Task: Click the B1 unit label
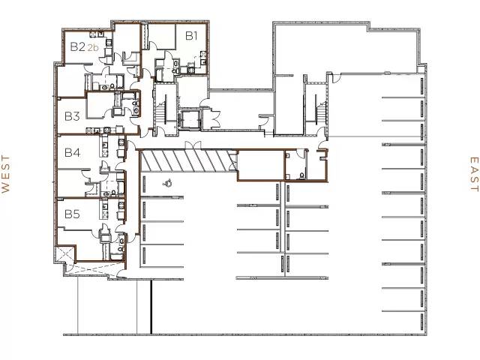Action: click(x=191, y=34)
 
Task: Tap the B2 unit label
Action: click(x=77, y=46)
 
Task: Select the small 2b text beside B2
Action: click(x=93, y=48)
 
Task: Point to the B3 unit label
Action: click(x=72, y=116)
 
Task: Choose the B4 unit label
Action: click(x=72, y=153)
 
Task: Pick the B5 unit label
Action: click(x=72, y=214)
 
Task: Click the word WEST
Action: click(x=5, y=175)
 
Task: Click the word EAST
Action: click(x=473, y=175)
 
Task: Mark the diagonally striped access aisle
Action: click(x=183, y=160)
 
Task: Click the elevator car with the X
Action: click(x=187, y=118)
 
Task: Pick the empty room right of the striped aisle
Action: click(x=261, y=166)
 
